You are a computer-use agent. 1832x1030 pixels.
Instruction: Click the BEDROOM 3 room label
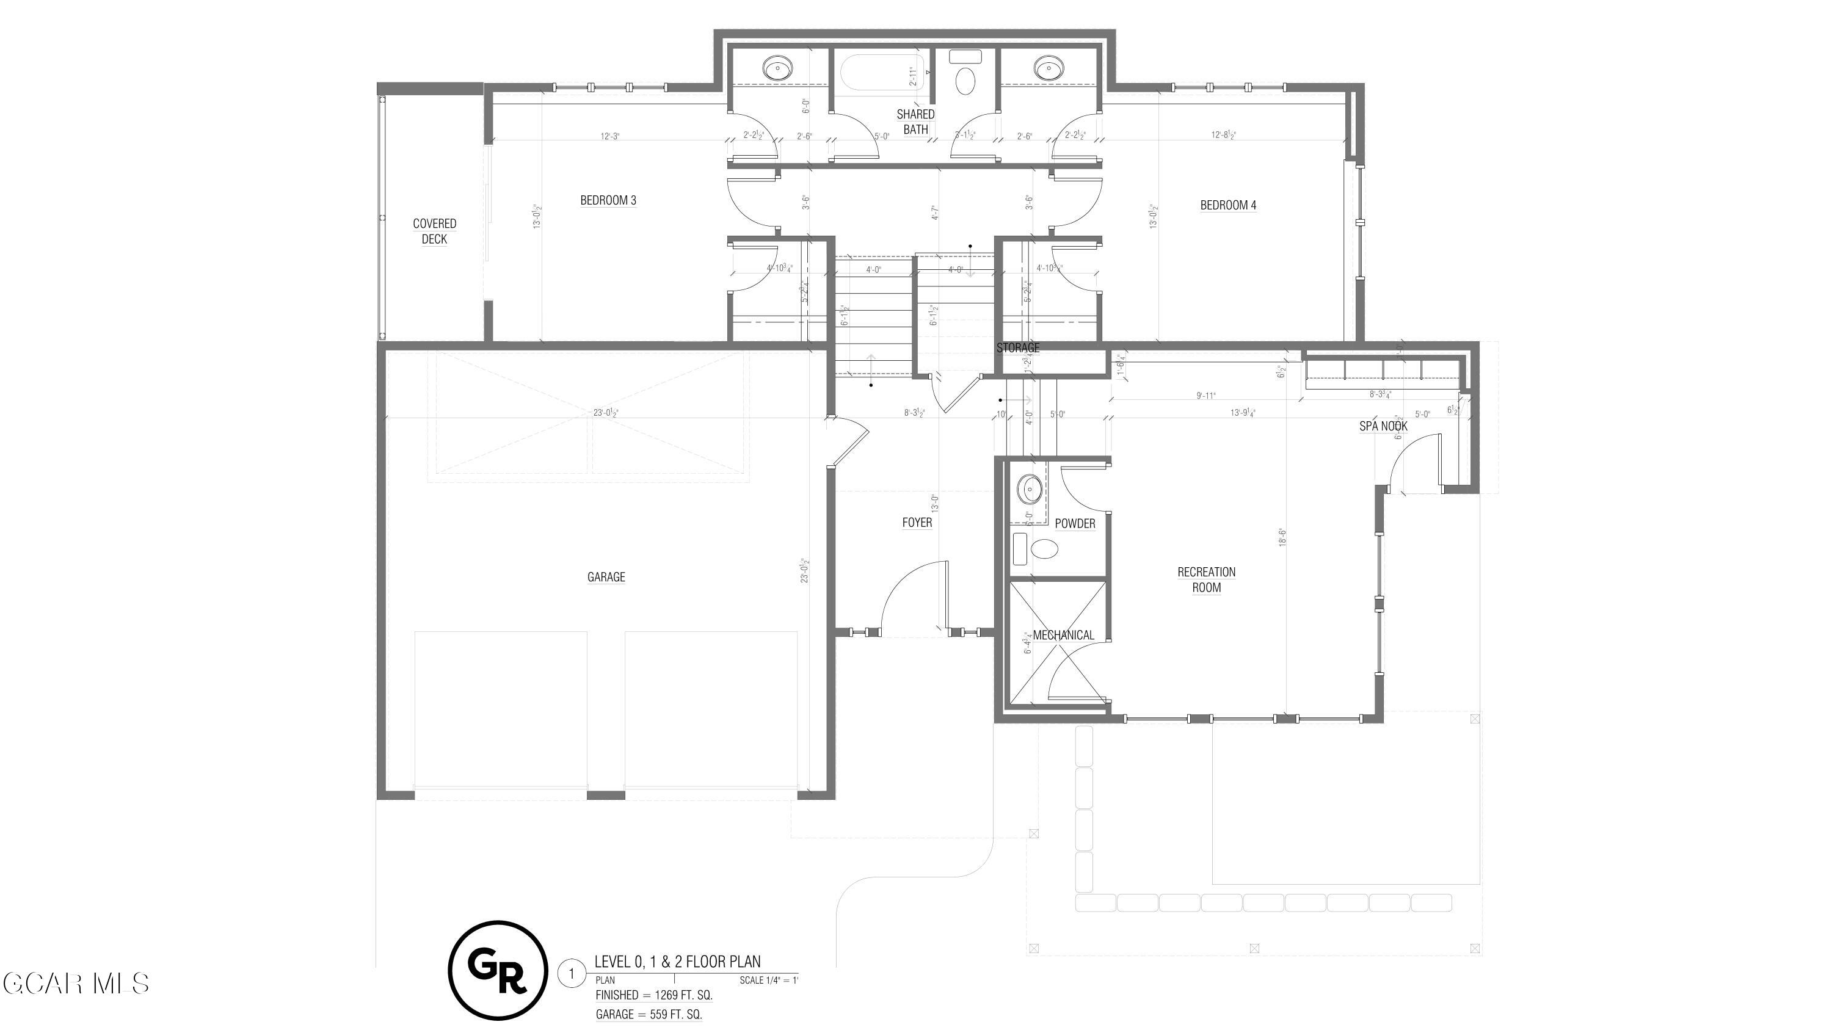click(608, 200)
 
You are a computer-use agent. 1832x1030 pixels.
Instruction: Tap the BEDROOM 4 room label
click(1228, 205)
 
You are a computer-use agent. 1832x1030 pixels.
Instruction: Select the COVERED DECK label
click(435, 231)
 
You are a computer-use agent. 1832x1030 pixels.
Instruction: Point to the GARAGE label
click(606, 577)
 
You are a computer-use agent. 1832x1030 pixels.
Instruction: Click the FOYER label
click(917, 523)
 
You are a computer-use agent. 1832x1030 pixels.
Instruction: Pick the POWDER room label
click(1075, 524)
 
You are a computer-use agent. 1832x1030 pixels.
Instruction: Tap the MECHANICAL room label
click(1063, 636)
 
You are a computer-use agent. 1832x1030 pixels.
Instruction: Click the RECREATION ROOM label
click(1206, 579)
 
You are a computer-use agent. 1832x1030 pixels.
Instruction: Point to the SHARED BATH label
click(915, 121)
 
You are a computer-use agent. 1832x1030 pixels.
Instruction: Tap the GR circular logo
click(498, 970)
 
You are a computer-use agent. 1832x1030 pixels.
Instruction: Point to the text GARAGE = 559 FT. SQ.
click(649, 1014)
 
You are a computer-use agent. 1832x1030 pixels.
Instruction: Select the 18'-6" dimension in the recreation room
click(1282, 537)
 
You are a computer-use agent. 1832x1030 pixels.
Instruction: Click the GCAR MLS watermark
click(76, 984)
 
